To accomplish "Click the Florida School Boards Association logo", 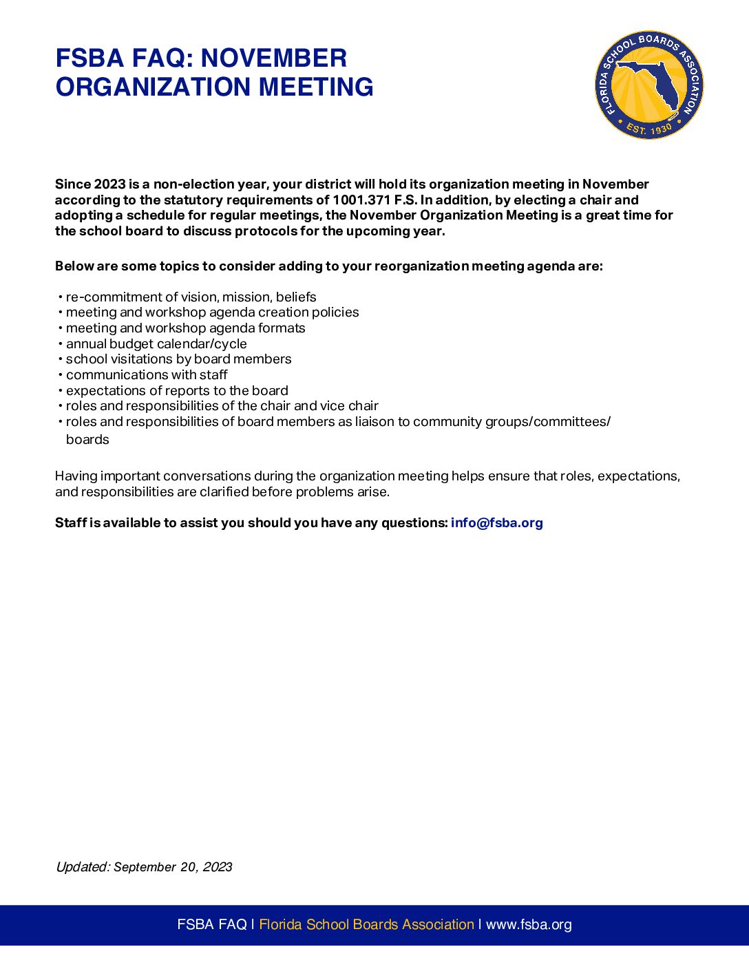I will point(648,85).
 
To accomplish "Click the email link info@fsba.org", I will point(496,523).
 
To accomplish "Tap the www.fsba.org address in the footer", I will point(529,924).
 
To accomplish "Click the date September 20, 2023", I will point(173,867).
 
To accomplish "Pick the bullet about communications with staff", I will point(147,375).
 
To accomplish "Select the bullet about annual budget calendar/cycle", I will point(156,344).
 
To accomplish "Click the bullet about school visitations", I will point(178,359).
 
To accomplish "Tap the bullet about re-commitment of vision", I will point(191,297).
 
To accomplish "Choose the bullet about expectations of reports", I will point(177,391).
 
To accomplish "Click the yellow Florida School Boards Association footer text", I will point(366,924).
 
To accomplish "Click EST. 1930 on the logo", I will point(648,129).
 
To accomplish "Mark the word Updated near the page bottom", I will point(82,867).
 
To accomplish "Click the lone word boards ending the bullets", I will point(87,440).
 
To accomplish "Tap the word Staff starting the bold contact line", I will point(71,523).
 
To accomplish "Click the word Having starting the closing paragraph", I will point(76,476).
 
